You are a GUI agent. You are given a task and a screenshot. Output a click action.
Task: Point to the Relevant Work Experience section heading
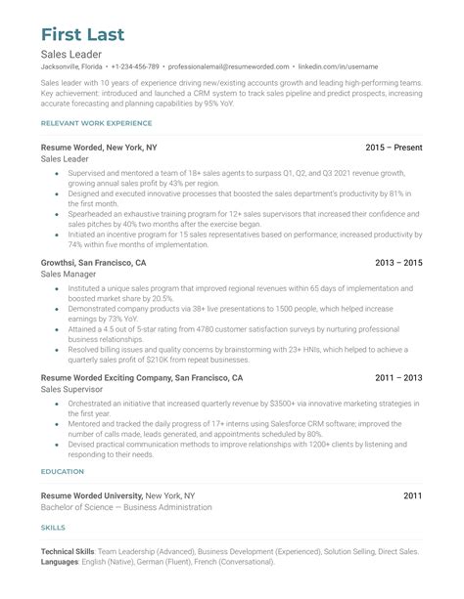pos(96,123)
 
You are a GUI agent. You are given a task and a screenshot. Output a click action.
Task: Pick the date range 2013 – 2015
pos(399,264)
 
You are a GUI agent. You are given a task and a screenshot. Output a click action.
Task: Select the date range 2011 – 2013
pos(399,377)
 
